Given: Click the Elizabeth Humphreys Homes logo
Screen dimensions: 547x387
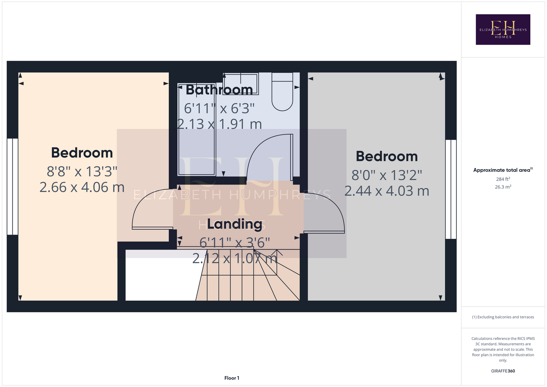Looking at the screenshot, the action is point(503,29).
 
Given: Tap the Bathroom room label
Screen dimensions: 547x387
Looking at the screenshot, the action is point(219,90).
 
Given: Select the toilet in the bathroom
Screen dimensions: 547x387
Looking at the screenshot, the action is point(282,92).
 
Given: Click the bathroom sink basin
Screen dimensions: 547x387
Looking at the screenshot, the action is point(241,84).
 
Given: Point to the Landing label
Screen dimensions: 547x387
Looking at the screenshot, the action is point(235,224).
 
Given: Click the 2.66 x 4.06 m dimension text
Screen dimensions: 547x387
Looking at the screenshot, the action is point(82,187).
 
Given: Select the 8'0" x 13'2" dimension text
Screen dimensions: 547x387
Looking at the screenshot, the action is point(387,175).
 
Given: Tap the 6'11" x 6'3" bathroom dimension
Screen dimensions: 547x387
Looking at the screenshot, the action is point(219,108).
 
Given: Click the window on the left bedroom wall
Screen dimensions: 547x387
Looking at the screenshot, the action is point(12,187).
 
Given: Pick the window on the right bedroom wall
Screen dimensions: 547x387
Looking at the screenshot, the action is point(451,189).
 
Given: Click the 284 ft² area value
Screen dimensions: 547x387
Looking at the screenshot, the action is point(503,179).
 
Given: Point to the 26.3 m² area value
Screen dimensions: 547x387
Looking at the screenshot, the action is point(503,187).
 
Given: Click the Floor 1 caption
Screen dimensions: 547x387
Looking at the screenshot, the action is point(232,378).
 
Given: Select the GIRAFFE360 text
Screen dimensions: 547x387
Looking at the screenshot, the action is point(503,371).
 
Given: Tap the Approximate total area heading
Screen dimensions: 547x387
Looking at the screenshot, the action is point(503,170).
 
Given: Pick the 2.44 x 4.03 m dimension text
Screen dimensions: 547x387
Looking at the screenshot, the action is point(387,191).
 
